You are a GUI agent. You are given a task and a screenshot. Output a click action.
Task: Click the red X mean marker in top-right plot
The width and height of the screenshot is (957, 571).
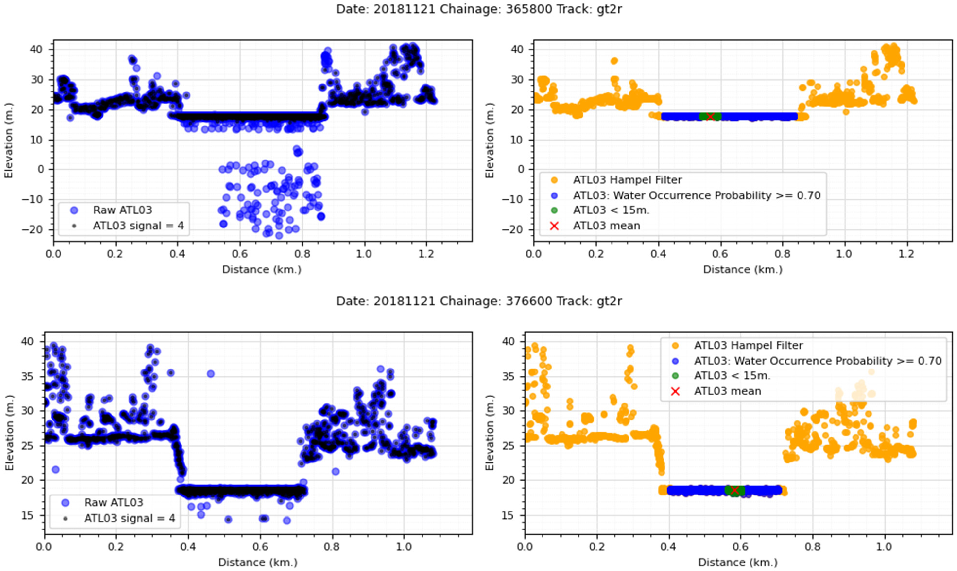[710, 117]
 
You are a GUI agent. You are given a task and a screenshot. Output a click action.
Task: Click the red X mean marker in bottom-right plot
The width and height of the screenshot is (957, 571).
[734, 490]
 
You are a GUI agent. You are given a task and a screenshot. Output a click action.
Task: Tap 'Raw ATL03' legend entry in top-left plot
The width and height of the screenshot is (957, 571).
[122, 210]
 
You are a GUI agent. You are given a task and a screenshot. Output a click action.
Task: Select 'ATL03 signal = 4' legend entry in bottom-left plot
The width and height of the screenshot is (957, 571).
[129, 518]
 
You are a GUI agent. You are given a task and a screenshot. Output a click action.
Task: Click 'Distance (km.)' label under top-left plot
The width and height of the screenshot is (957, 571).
[262, 269]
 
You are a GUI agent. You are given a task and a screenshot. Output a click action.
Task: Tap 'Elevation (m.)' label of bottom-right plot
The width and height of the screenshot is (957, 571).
[490, 432]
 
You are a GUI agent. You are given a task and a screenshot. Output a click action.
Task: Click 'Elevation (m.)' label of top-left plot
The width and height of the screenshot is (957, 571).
[9, 140]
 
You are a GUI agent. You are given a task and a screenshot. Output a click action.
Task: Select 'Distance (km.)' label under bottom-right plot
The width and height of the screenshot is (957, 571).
[738, 562]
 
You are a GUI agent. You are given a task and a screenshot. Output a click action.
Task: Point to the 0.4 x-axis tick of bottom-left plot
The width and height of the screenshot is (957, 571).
[188, 546]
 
